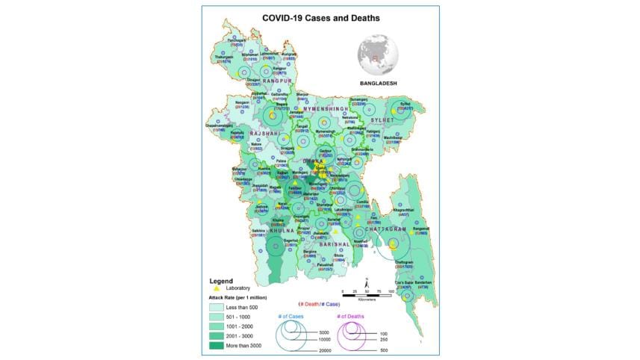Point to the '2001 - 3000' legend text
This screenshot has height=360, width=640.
pyautogui.click(x=249, y=335)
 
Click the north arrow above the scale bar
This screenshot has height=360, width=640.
pyautogui.click(x=367, y=282)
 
